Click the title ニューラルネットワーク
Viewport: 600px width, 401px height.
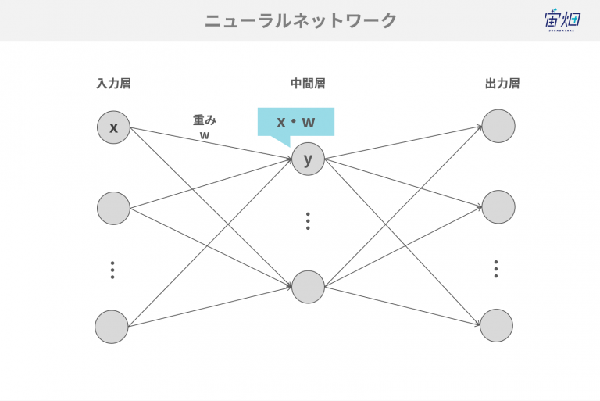click(300, 20)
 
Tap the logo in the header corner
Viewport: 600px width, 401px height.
click(562, 20)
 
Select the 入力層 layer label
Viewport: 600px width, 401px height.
click(113, 84)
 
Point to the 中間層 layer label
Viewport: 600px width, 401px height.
click(308, 84)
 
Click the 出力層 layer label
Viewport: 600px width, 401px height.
click(502, 84)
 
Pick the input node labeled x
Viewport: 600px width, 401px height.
click(113, 127)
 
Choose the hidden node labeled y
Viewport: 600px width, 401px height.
click(308, 159)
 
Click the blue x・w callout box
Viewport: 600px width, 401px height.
click(296, 122)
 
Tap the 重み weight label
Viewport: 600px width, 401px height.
click(205, 120)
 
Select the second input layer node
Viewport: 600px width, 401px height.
click(113, 209)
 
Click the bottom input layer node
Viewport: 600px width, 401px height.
click(112, 327)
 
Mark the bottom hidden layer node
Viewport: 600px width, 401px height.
click(308, 287)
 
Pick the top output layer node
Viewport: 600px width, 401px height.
click(498, 126)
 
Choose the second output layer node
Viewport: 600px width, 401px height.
click(498, 207)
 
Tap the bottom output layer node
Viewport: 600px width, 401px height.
click(496, 325)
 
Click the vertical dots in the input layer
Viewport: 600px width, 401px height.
click(112, 270)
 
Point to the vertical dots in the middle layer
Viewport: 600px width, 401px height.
click(308, 221)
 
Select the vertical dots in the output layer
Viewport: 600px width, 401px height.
click(496, 269)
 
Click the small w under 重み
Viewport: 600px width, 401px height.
click(205, 135)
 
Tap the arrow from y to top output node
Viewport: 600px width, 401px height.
click(403, 142)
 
